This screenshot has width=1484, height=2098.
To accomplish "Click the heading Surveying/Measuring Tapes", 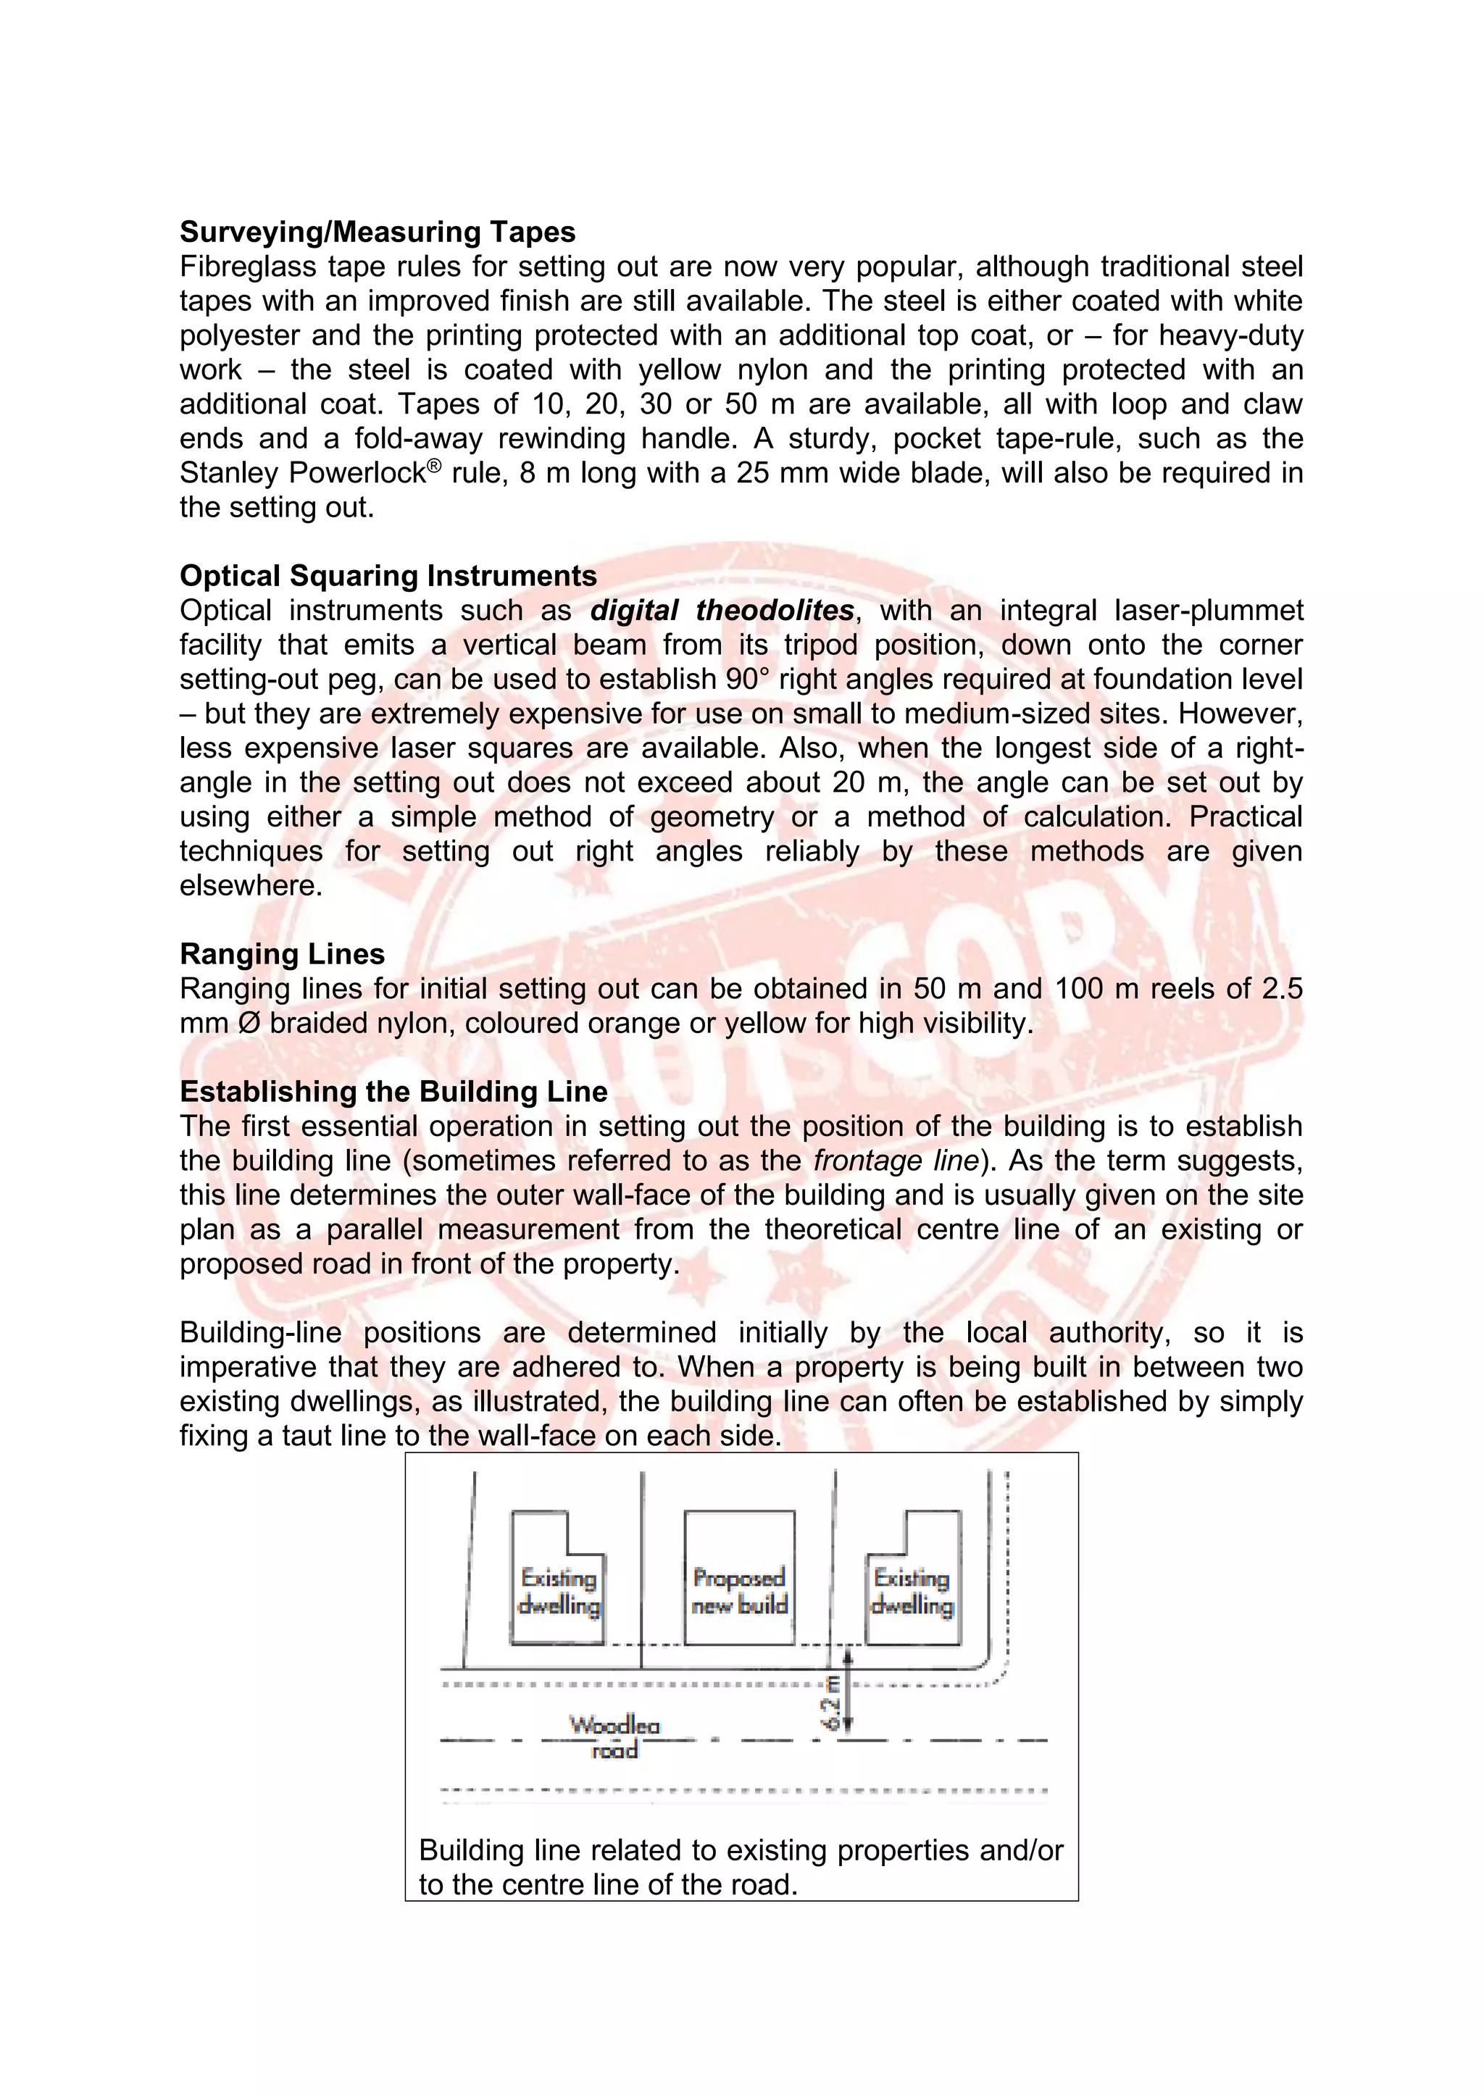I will pos(378,232).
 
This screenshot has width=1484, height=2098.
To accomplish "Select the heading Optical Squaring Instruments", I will pos(388,576).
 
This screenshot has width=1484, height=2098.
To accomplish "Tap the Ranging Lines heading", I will pos(283,954).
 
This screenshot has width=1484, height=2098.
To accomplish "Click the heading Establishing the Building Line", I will pos(394,1092).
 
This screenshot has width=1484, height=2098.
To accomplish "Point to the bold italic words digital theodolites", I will pos(722,611).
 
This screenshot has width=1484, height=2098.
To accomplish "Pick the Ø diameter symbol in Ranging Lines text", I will pos(248,1024).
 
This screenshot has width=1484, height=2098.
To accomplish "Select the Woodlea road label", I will pos(614,1737).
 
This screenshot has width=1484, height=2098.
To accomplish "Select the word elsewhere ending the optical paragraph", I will pos(251,885).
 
